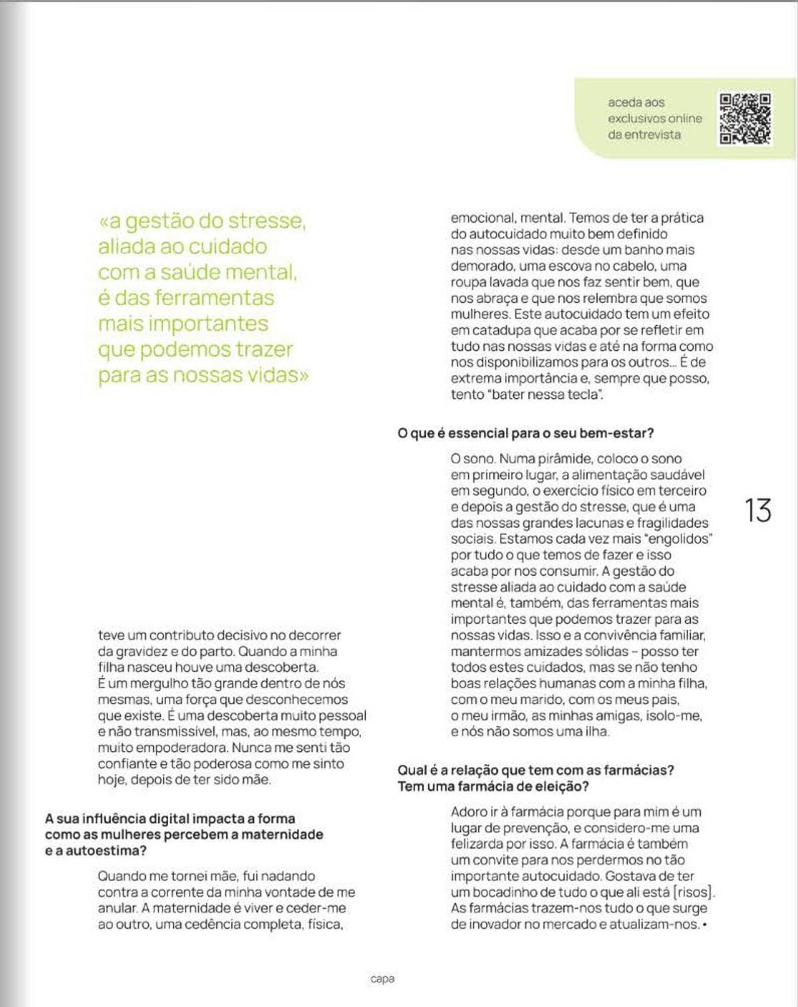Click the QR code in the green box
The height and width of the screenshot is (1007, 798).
pyautogui.click(x=745, y=119)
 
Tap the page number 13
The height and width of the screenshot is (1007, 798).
pyautogui.click(x=757, y=511)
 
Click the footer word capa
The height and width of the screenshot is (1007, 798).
pyautogui.click(x=382, y=979)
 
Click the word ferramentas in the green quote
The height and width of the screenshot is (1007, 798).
pyautogui.click(x=215, y=298)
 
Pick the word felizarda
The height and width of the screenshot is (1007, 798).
pyautogui.click(x=484, y=844)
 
